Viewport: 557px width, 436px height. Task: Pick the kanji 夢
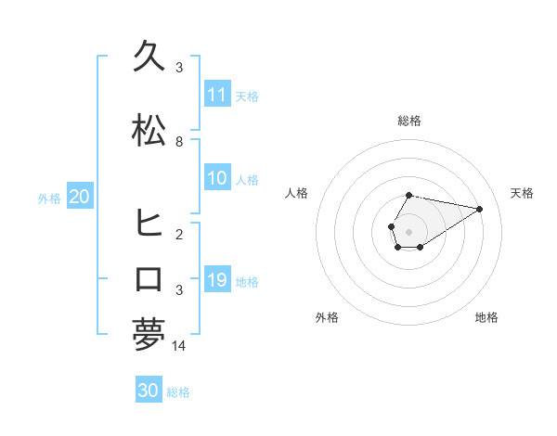tap(149, 334)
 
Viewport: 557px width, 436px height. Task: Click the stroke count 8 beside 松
tap(179, 142)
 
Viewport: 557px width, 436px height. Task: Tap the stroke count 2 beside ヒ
tap(179, 234)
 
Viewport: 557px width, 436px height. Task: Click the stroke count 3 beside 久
tap(179, 68)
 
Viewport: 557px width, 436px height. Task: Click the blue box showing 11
tap(217, 95)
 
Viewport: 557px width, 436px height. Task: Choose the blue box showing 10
tap(217, 178)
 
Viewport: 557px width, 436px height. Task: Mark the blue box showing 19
tap(217, 280)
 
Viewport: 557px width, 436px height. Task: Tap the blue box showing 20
tap(80, 197)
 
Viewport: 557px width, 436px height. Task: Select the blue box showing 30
tap(149, 391)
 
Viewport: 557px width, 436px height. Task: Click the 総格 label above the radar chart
tap(409, 121)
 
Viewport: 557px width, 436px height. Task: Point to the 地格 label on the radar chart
tap(486, 317)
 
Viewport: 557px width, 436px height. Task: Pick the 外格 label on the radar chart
tap(327, 317)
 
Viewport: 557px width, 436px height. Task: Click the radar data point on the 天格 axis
tap(480, 208)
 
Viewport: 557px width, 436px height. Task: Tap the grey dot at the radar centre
tap(409, 231)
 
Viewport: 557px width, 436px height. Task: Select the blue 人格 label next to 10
tap(247, 179)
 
